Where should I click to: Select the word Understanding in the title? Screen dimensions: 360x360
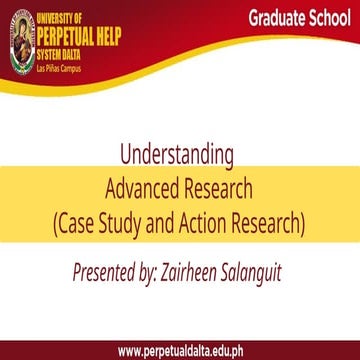point(177,156)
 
